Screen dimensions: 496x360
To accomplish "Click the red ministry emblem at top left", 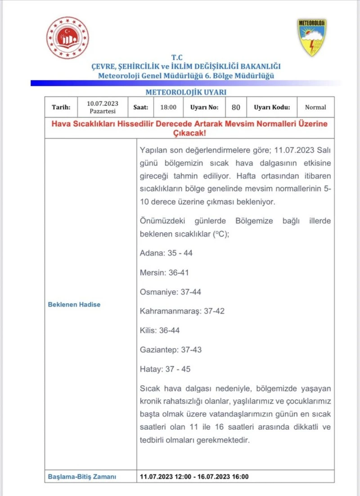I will click(67, 39).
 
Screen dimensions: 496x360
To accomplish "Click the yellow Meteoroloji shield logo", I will click(311, 37).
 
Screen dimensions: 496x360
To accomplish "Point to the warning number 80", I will click(236, 107).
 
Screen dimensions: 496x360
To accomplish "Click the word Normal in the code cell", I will click(315, 107).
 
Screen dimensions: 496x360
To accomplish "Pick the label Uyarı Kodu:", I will click(272, 107).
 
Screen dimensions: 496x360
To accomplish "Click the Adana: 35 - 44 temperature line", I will click(166, 253).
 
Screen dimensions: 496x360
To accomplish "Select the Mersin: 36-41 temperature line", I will click(165, 272).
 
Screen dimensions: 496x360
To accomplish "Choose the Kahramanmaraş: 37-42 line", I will click(182, 311).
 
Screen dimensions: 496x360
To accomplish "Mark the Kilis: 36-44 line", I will click(160, 330).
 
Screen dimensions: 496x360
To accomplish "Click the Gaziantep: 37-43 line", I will click(171, 350).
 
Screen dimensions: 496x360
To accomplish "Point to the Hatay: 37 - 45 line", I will click(165, 369).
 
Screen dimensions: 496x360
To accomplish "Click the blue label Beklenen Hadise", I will click(74, 304).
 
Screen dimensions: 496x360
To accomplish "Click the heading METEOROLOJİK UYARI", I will click(186, 92).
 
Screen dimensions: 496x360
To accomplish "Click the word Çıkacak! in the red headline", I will click(189, 134).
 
